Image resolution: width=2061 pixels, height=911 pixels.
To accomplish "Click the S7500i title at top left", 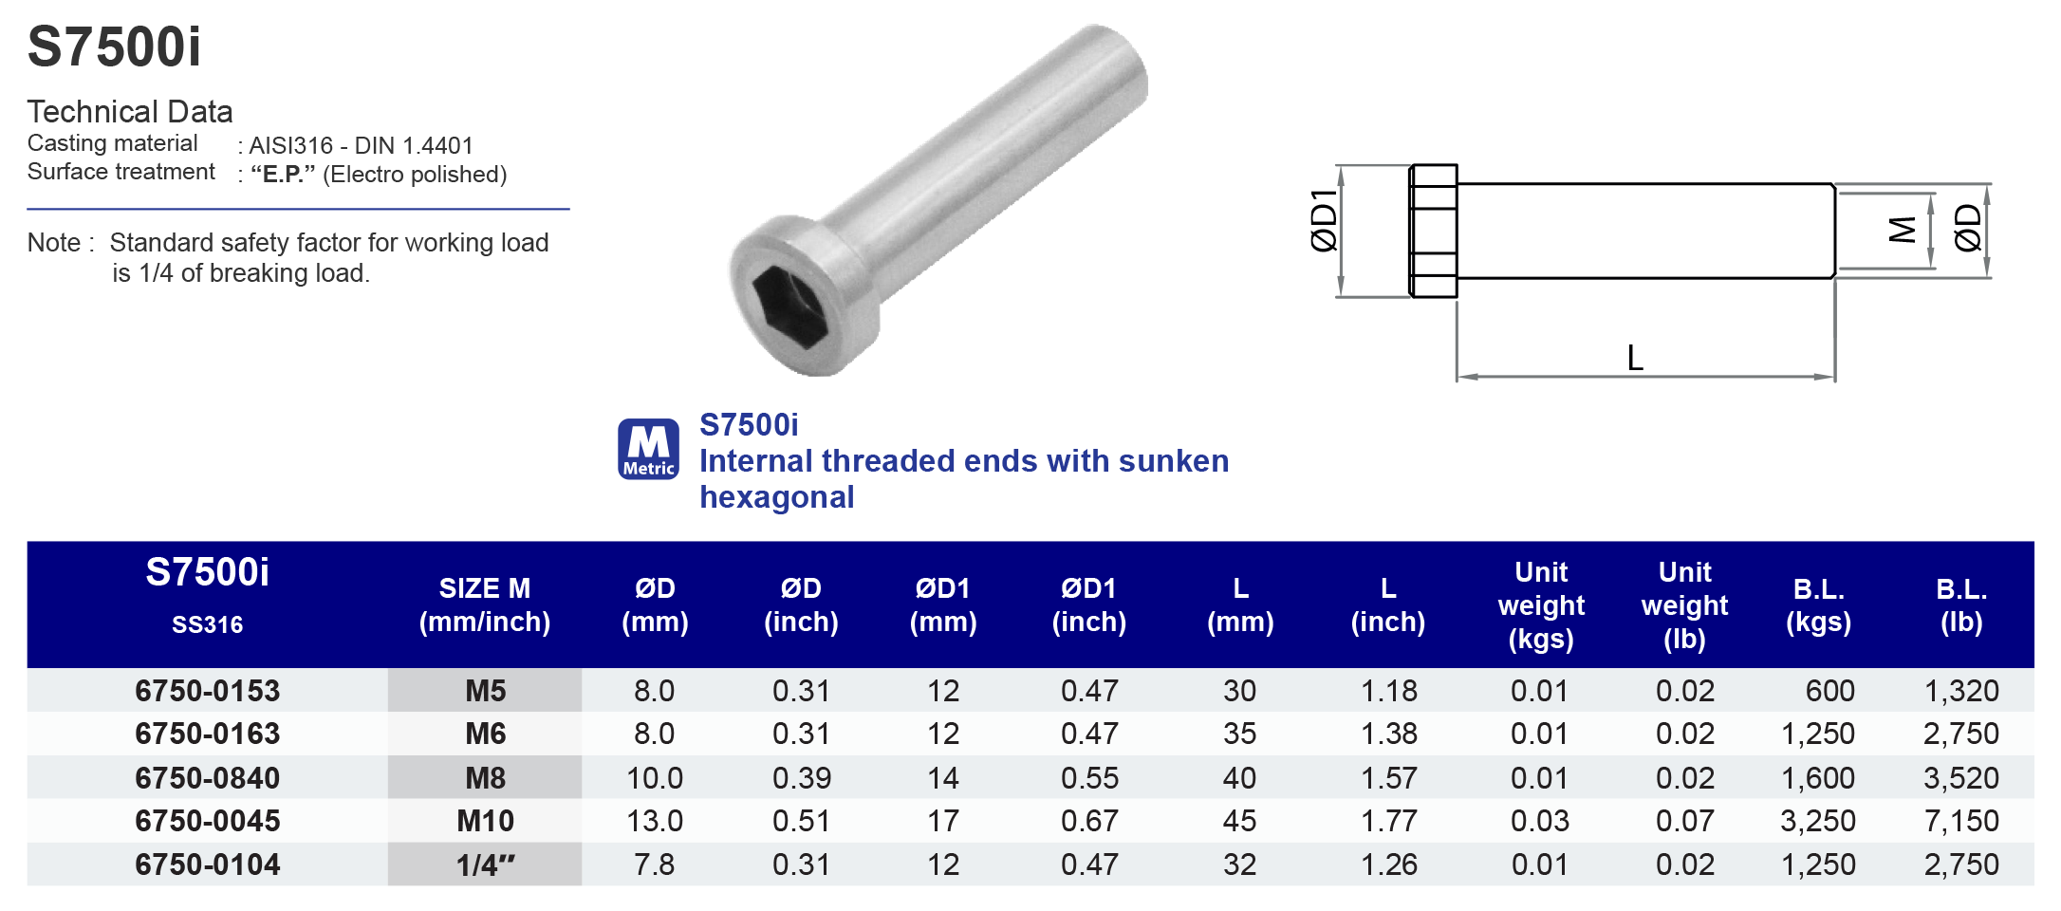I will click(x=114, y=47).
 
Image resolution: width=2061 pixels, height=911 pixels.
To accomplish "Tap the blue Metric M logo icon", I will click(x=648, y=449).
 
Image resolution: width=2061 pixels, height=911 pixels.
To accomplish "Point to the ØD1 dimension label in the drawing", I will click(x=1323, y=220).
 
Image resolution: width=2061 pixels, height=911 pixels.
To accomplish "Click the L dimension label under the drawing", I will click(x=1634, y=359).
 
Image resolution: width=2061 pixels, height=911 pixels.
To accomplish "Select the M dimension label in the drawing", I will click(x=1902, y=230).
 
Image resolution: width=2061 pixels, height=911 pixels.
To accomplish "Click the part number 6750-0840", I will click(x=207, y=778).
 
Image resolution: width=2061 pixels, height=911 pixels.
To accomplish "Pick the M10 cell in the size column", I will click(x=485, y=821).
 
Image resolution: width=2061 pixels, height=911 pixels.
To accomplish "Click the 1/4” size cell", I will click(x=485, y=865).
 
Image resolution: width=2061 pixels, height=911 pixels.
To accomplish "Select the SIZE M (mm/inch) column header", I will click(x=484, y=605).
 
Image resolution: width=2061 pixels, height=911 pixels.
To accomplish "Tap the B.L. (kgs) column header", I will click(x=1818, y=605).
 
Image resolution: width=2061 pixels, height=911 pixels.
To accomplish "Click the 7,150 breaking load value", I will click(x=1960, y=821).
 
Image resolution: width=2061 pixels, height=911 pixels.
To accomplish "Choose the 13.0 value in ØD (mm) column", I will click(x=654, y=821).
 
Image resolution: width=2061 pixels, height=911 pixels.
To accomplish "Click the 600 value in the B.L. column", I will click(x=1829, y=691).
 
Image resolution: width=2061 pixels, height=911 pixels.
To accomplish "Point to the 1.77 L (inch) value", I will click(x=1388, y=821).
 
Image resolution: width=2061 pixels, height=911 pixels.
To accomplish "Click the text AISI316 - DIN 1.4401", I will click(x=361, y=145).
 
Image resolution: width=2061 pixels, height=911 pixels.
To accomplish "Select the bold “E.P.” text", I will click(x=283, y=175).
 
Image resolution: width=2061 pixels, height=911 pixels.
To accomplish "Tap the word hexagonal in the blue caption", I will click(x=776, y=497).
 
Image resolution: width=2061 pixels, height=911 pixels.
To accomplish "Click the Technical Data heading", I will click(x=130, y=112).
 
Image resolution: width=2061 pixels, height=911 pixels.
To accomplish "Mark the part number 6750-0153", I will click(x=207, y=691).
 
